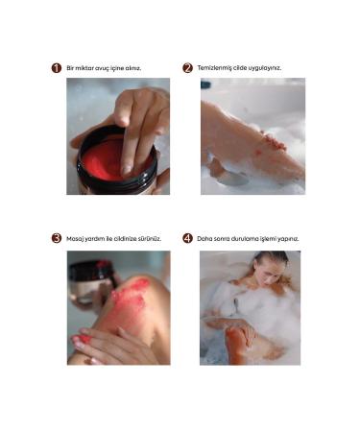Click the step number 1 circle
(57, 68)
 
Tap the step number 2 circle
(187, 68)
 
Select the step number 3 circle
(57, 238)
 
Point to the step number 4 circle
(187, 238)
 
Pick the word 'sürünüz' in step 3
(147, 238)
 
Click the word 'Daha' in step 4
(205, 238)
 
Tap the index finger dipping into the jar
(129, 144)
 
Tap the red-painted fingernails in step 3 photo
(84, 339)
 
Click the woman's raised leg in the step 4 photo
(239, 341)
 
